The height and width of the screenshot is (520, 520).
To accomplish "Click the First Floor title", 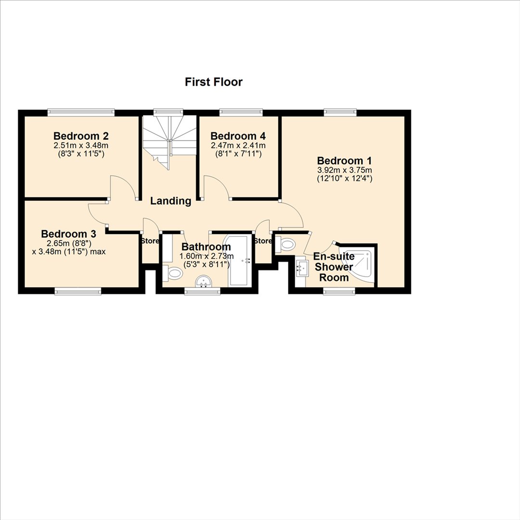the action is [x=214, y=82].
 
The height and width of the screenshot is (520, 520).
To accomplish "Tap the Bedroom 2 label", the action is [x=81, y=136].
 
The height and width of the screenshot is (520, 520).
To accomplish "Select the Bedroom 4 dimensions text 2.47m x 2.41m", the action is [x=238, y=145].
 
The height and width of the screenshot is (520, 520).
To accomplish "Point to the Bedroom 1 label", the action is [x=344, y=161].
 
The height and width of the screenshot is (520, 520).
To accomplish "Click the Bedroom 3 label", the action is [x=69, y=234].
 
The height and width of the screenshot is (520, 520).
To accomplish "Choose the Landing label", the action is [x=171, y=201].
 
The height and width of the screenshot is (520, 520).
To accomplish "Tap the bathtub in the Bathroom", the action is [x=238, y=260].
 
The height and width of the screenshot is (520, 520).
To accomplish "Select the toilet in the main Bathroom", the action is [x=172, y=274].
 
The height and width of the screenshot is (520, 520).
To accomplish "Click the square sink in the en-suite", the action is [x=302, y=266].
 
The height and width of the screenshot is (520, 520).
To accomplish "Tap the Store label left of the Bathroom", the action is [x=150, y=241].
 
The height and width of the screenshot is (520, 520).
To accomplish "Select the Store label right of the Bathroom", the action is [x=263, y=241].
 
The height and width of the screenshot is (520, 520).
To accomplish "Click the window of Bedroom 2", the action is [x=81, y=112].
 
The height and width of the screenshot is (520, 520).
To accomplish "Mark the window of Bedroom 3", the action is [x=78, y=291].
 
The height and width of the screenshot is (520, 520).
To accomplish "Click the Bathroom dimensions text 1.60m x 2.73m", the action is [x=207, y=256].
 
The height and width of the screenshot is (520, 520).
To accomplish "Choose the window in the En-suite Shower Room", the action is [x=339, y=291].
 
